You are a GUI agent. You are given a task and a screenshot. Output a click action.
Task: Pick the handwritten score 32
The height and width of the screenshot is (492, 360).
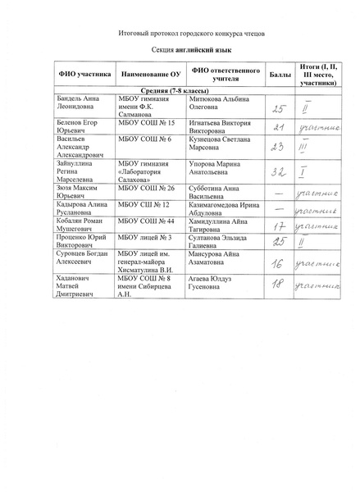(279, 171)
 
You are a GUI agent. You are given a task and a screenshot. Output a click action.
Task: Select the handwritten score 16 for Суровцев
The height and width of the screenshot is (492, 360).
(279, 264)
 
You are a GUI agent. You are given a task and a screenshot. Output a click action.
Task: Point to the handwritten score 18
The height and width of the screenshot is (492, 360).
(279, 286)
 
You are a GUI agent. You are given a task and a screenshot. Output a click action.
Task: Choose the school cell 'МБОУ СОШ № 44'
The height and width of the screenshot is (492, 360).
(144, 221)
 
